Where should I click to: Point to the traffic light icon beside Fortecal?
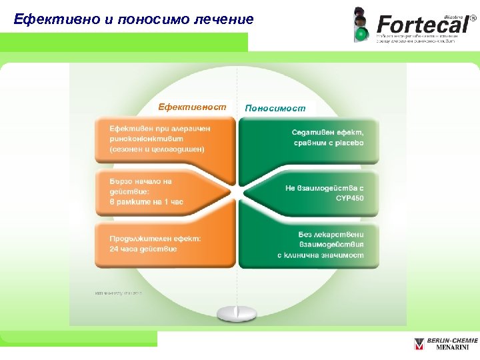click(x=361, y=25)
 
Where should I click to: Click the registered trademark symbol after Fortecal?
click(x=473, y=11)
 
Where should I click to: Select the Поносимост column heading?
click(x=275, y=107)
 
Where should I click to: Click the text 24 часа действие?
click(x=143, y=249)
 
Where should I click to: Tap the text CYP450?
click(x=349, y=199)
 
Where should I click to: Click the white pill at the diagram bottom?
click(x=237, y=312)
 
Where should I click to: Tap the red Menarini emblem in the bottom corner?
click(x=419, y=344)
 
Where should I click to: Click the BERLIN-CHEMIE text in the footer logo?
click(x=452, y=340)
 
